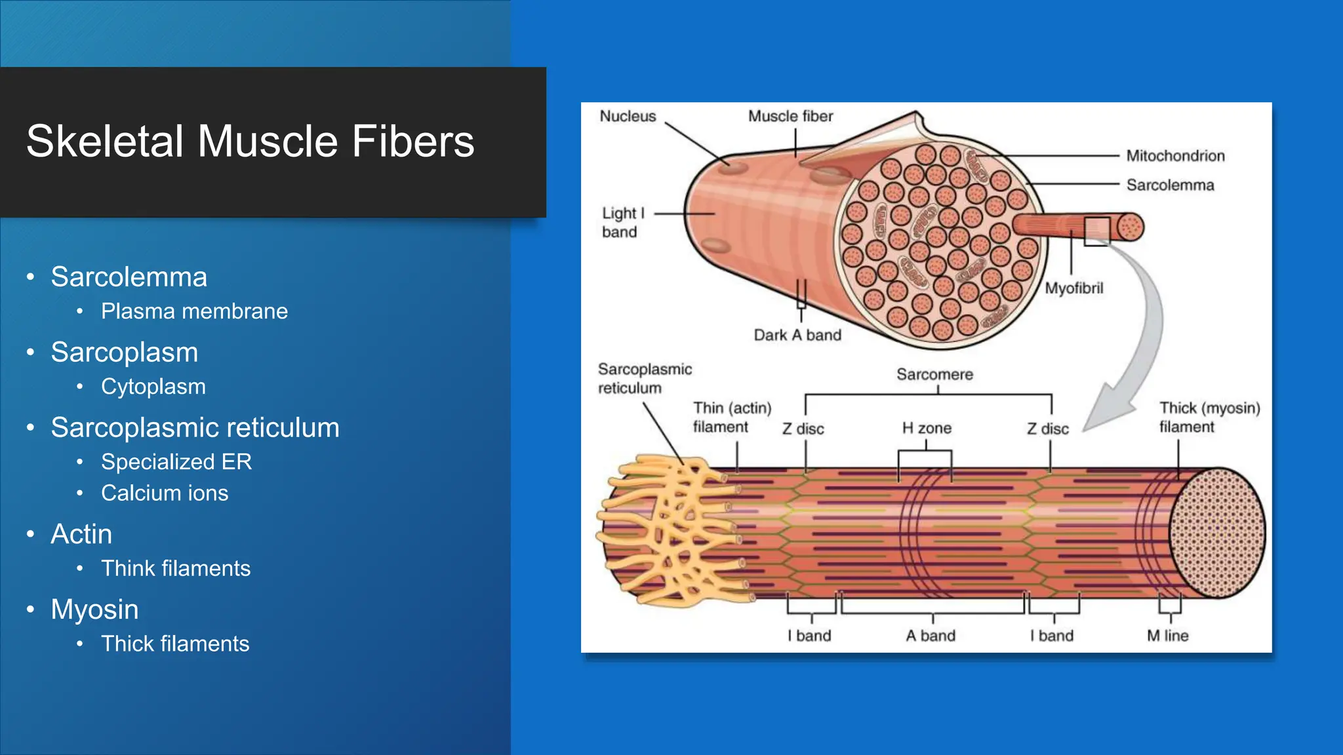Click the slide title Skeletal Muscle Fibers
coord(250,142)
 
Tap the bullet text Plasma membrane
coord(194,311)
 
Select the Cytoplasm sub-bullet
coord(153,387)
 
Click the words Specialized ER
coord(176,462)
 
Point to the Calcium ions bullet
coord(165,493)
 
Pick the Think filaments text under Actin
coord(175,568)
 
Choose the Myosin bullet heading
coord(94,610)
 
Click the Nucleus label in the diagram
coord(628,117)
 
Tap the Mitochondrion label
coord(1175,156)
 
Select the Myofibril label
coord(1073,288)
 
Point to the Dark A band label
coord(797,336)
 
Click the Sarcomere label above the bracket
coord(934,374)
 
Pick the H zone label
coord(927,429)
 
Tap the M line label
coord(1167,636)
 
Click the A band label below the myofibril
coord(931,636)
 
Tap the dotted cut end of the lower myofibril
coord(1217,532)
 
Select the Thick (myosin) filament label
coord(1209,417)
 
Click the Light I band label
coord(623,223)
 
